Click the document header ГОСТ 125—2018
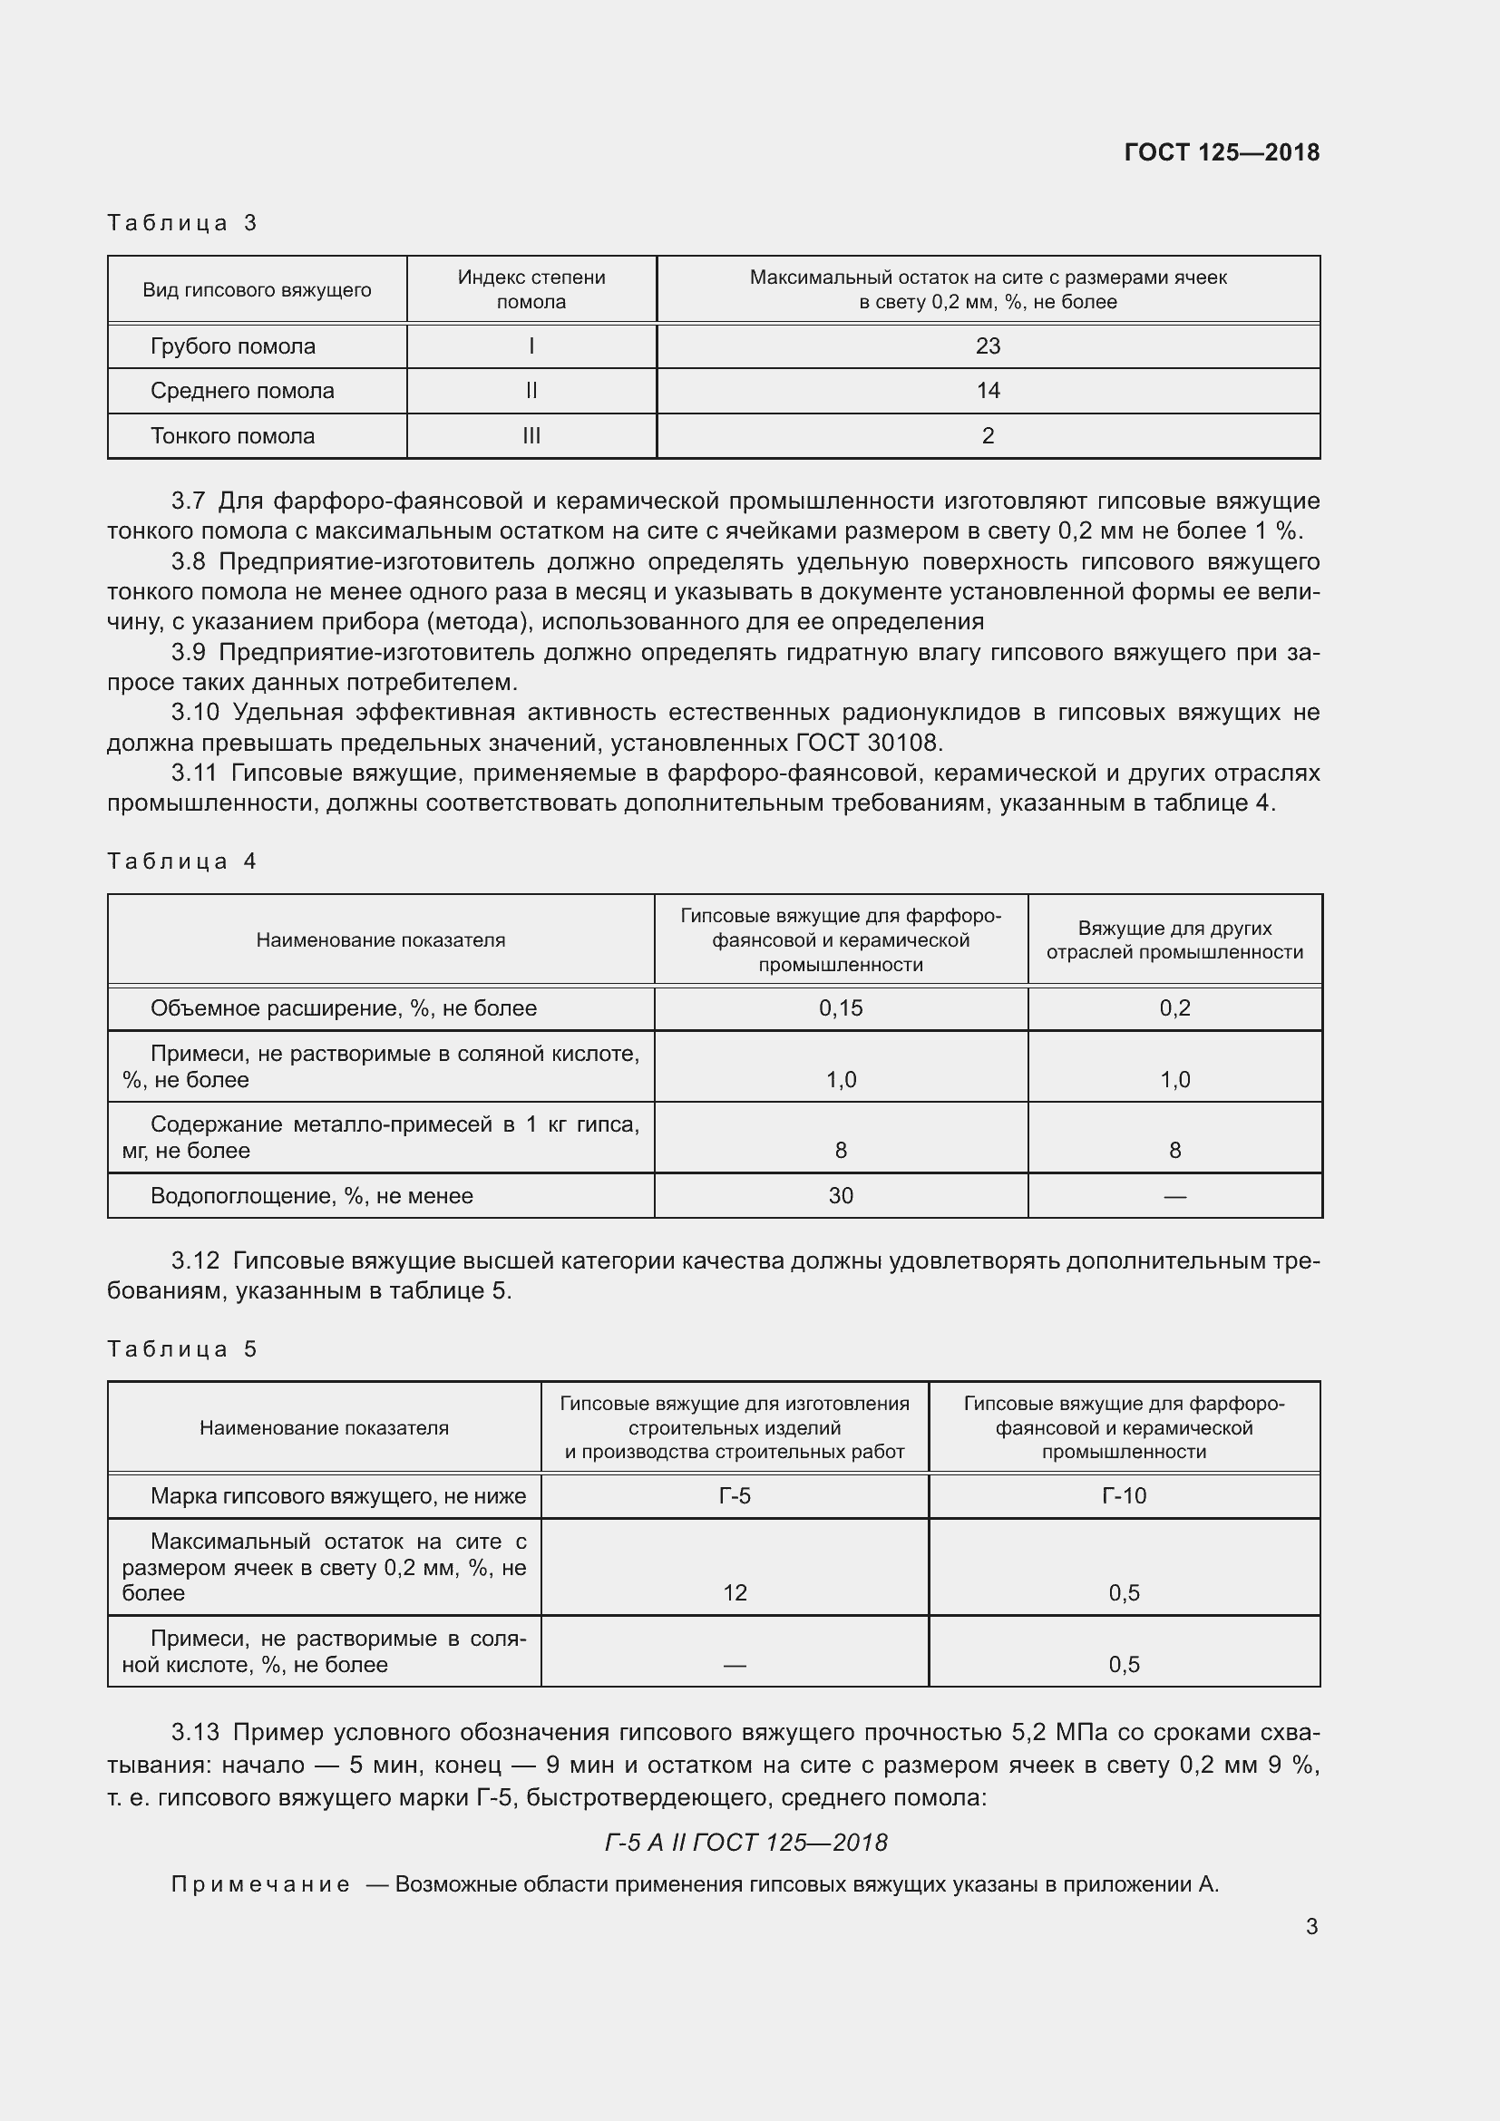[x=1221, y=152]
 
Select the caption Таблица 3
[x=182, y=223]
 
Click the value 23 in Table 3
[x=988, y=346]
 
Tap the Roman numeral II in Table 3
[x=531, y=391]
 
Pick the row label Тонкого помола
[x=233, y=436]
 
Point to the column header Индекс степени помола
[x=531, y=289]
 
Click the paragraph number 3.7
[x=188, y=501]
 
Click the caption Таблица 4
[x=182, y=861]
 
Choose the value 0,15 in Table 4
[x=841, y=1007]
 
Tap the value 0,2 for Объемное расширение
[x=1174, y=1007]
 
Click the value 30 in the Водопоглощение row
[x=841, y=1195]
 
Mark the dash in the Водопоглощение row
[x=1174, y=1195]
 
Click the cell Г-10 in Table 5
[x=1124, y=1495]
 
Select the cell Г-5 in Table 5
[x=735, y=1495]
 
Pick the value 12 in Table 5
[x=735, y=1592]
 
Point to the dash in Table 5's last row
[x=735, y=1665]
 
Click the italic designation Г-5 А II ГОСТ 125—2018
[x=745, y=1843]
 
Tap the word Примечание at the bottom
[x=260, y=1884]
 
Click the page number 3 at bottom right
[x=1311, y=1926]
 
